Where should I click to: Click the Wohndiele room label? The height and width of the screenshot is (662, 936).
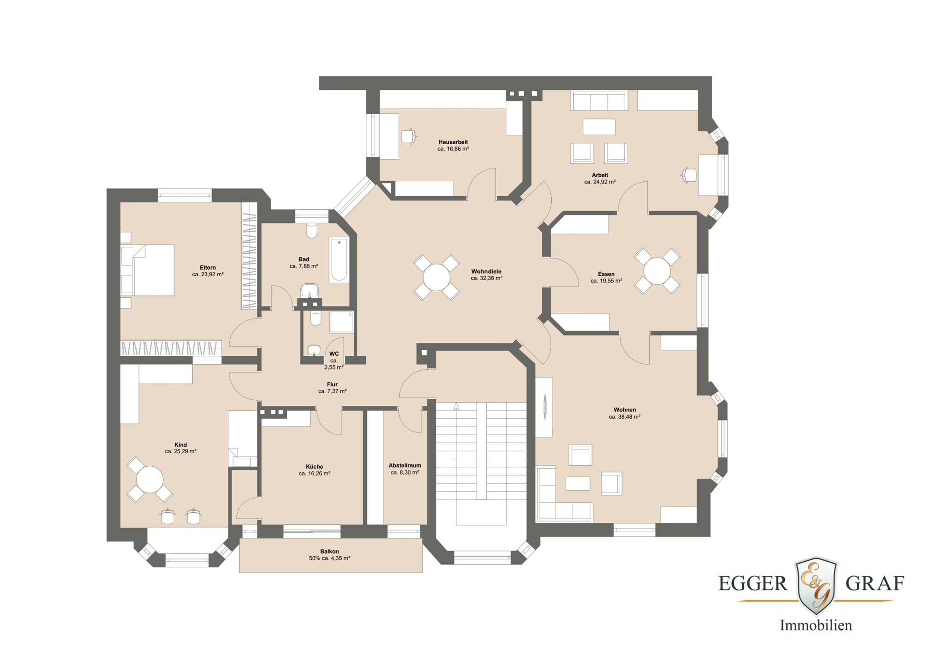[486, 272]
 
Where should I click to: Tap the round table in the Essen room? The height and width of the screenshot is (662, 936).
[657, 271]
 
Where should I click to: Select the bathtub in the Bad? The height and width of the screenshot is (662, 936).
[339, 260]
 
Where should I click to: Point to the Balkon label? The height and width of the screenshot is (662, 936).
[329, 552]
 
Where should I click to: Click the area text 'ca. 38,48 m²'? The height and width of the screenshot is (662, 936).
[624, 417]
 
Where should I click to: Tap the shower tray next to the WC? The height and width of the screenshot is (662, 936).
[342, 322]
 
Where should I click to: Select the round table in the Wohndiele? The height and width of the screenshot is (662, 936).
[436, 277]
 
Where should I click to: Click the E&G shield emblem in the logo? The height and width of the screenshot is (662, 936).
[816, 585]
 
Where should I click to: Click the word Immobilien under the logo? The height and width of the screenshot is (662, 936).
[815, 625]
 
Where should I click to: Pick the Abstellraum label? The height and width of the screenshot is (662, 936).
[405, 465]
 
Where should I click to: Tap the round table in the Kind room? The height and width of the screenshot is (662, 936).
[149, 479]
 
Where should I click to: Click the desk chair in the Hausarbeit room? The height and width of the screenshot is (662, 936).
[409, 137]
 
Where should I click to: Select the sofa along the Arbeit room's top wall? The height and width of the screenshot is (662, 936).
[599, 101]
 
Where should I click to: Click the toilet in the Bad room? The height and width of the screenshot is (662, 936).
[312, 230]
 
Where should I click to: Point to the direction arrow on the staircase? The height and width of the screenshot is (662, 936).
[456, 407]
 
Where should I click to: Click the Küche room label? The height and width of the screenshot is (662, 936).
[314, 467]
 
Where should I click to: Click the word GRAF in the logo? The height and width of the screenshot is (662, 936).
[875, 583]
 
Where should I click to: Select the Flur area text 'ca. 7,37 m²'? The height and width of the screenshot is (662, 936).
[332, 391]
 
